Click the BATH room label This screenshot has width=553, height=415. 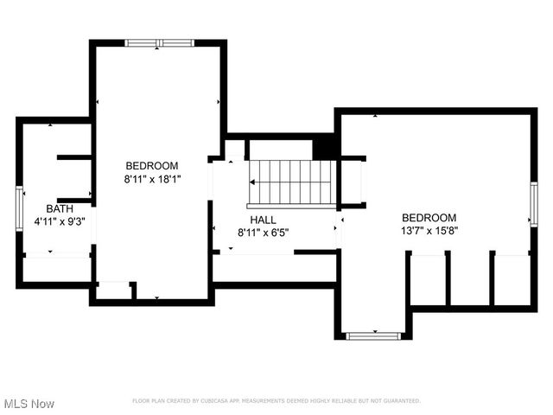60,208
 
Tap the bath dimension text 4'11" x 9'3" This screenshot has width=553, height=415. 60,221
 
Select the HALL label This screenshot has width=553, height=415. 263,220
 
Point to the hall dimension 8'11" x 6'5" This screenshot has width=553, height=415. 263,233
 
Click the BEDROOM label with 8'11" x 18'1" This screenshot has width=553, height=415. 152,166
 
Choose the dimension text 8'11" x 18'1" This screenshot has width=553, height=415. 152,179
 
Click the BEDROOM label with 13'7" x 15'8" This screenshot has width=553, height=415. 429,218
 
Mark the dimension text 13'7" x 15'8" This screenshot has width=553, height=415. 429,231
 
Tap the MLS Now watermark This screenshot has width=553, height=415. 29,404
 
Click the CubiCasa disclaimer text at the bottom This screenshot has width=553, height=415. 276,401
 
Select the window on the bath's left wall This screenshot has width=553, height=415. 19,207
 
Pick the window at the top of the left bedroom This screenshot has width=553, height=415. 157,42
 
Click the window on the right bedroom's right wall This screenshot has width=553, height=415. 534,205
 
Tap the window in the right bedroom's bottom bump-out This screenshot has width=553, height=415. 373,335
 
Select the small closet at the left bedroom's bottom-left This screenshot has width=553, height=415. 114,290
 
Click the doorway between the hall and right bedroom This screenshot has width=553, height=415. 340,230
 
